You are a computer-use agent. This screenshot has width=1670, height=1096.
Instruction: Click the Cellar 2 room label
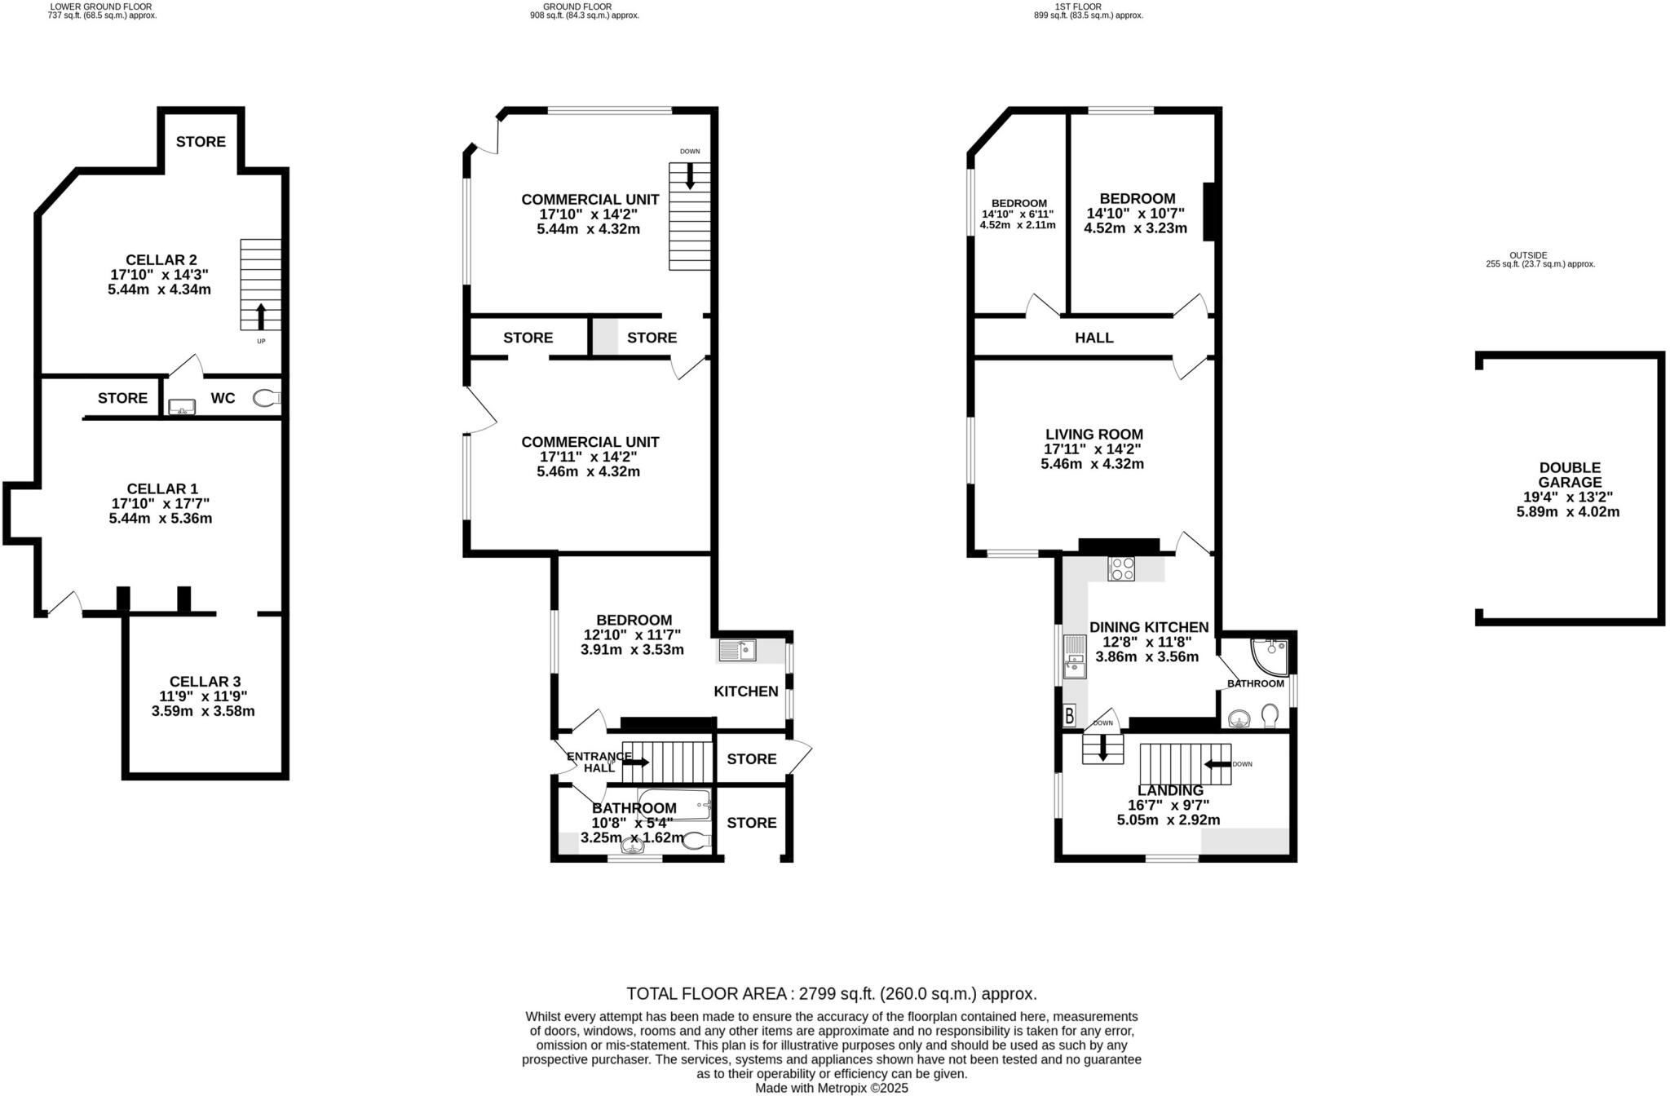161,260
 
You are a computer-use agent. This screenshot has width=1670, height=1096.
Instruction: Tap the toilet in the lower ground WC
266,398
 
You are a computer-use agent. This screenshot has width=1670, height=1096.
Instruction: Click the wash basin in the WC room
180,405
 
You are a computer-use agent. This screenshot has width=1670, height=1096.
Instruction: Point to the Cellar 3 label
205,682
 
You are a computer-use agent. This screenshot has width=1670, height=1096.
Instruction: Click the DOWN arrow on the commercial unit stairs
690,176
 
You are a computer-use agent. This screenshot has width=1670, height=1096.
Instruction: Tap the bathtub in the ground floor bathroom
674,805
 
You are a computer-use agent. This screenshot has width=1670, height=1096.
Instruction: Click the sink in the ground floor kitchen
738,651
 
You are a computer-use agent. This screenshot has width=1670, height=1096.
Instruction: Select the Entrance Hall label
599,762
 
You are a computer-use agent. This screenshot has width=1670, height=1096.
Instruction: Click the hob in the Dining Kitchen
1121,568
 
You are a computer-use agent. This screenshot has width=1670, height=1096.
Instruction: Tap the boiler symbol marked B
1070,717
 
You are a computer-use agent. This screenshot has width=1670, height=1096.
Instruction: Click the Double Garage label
1570,475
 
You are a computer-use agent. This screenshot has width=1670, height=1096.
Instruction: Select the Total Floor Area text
831,993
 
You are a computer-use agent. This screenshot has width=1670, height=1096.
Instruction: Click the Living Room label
1094,435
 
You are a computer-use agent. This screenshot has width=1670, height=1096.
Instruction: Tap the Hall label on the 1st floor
1093,338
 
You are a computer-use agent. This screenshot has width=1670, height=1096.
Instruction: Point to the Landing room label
1170,790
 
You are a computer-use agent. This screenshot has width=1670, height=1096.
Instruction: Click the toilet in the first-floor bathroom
1269,715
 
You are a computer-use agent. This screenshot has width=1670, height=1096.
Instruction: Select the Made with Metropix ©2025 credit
831,1088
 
